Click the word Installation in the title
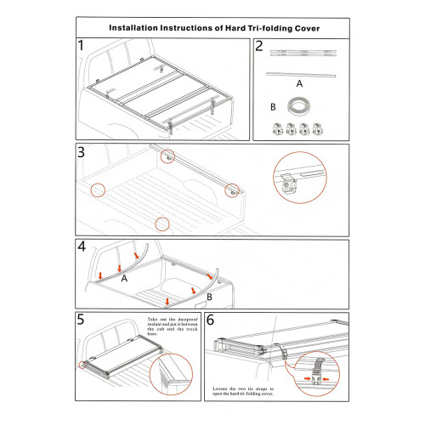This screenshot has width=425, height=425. [x=133, y=28]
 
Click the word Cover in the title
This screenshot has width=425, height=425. [x=308, y=28]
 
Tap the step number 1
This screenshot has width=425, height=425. [x=81, y=45]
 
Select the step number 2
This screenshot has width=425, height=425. [x=259, y=46]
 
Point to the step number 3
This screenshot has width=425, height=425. [x=81, y=152]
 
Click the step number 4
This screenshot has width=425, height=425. [x=82, y=246]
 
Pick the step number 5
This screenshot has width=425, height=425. [x=81, y=320]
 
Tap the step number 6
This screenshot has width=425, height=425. [x=210, y=320]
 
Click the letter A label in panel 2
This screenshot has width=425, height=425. [x=299, y=83]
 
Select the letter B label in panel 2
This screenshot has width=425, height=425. [x=273, y=107]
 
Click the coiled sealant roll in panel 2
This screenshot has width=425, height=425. [x=298, y=106]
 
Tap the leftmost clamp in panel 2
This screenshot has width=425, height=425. [x=278, y=129]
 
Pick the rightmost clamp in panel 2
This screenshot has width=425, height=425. [x=318, y=129]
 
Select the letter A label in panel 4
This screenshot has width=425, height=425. [x=124, y=279]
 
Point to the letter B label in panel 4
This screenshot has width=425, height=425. [x=209, y=297]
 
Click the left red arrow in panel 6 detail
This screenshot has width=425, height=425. [x=307, y=378]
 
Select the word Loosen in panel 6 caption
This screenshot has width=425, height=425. [x=220, y=388]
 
